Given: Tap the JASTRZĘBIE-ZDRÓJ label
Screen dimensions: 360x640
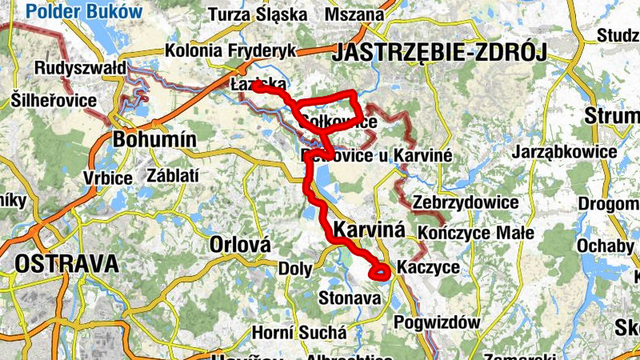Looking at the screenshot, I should tap(438, 54).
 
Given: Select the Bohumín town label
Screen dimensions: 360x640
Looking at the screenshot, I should tap(155, 139).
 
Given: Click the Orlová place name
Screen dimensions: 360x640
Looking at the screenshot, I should tap(239, 244).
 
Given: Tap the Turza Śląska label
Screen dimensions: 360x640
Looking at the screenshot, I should tap(257, 14).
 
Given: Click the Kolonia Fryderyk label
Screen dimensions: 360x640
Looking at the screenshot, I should tap(230, 50).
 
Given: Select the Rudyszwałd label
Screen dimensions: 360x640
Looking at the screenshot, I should tap(80, 69).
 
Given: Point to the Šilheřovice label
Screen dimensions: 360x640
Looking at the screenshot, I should tap(54, 101).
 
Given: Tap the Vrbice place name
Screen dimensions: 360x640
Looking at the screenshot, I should tap(107, 178).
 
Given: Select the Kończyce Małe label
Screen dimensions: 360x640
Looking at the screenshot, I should tap(476, 233).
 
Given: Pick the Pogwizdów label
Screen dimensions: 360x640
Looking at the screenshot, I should tap(438, 322).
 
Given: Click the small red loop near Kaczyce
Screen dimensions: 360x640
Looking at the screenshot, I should tap(379, 272).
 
